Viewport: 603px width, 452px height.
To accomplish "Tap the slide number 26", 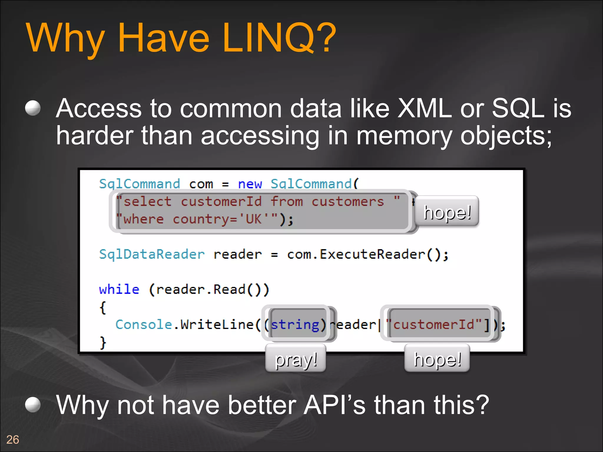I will pyautogui.click(x=13, y=440).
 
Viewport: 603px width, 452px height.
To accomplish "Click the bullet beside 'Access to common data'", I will pyautogui.click(x=33, y=108).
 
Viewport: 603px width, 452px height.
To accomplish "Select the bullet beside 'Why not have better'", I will pyautogui.click(x=33, y=405).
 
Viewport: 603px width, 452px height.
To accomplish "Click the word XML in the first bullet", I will pyautogui.click(x=424, y=108).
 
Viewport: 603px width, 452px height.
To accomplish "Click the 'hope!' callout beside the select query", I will pyautogui.click(x=447, y=212).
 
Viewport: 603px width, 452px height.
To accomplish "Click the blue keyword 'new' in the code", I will pyautogui.click(x=250, y=184).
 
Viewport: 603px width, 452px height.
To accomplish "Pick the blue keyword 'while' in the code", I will pyautogui.click(x=119, y=290).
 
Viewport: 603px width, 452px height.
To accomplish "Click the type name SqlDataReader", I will pyautogui.click(x=152, y=254).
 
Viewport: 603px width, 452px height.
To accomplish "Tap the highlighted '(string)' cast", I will pyautogui.click(x=298, y=325).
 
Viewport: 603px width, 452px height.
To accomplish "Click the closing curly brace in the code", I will pyautogui.click(x=103, y=343).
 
